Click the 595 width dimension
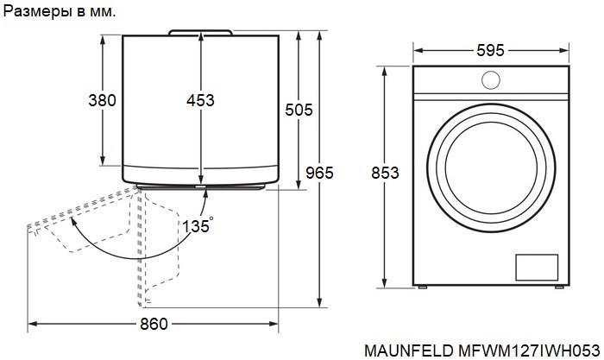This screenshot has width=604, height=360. coord(490,50)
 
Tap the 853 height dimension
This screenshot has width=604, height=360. coord(385,173)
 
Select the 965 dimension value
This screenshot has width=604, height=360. coord(319,173)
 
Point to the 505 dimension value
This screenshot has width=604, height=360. coord(299,110)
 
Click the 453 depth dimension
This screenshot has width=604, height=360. coord(200,100)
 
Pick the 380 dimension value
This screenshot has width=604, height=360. coord(102,100)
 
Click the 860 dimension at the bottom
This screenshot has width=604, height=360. coord(154,324)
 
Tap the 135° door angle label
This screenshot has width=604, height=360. coord(198,225)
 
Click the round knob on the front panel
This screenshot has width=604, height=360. coord(491,80)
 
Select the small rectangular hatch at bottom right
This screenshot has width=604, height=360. coord(537,267)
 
